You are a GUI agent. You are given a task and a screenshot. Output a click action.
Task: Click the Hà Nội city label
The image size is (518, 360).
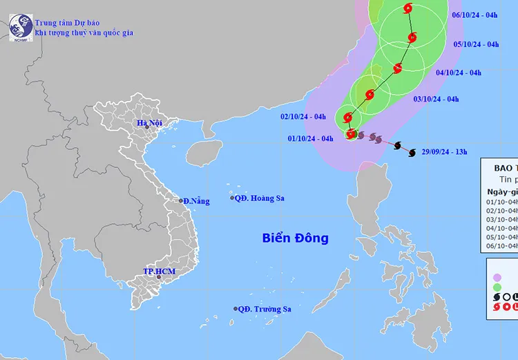(x=148, y=124)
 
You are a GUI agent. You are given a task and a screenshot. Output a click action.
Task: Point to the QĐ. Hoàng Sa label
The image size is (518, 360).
(x=260, y=198)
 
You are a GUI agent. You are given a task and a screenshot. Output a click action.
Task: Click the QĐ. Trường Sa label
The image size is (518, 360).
(x=265, y=309)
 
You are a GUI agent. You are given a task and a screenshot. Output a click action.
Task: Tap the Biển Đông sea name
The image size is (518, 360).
(x=295, y=238)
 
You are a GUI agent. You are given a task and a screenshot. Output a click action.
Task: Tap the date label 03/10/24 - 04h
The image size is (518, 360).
(x=437, y=100)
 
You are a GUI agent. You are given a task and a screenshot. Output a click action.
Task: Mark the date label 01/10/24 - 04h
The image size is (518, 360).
(x=311, y=138)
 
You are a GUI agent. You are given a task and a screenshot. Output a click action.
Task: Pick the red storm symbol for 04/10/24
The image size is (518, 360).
(x=398, y=68)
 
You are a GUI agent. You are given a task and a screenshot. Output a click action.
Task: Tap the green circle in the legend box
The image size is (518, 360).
(x=497, y=285)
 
